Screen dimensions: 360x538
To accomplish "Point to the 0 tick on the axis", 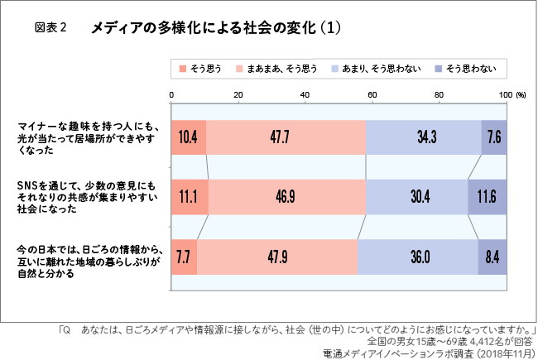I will click(x=171, y=95).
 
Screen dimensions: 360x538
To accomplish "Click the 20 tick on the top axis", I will click(x=238, y=95).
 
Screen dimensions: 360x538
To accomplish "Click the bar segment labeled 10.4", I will click(x=189, y=137).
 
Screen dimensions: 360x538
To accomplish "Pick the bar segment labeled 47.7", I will click(x=286, y=137).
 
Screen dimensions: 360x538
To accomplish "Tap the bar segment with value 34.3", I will click(x=423, y=137).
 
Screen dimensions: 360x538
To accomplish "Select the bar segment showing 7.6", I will click(x=493, y=137).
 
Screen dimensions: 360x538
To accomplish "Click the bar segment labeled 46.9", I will click(x=286, y=197).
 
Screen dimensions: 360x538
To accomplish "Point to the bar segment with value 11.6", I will click(x=487, y=197).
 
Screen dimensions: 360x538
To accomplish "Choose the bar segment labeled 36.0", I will click(x=417, y=257).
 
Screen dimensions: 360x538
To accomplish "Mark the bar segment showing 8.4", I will click(x=492, y=257).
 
